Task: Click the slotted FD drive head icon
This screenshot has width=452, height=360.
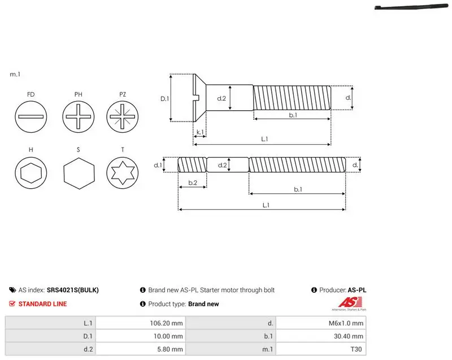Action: pyautogui.click(x=31, y=117)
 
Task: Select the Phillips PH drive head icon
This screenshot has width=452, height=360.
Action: pyautogui.click(x=79, y=117)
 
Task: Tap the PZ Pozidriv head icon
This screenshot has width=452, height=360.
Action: pyautogui.click(x=123, y=117)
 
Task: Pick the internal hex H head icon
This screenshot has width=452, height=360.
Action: pyautogui.click(x=31, y=173)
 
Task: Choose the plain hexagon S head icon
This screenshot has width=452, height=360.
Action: pyautogui.click(x=79, y=174)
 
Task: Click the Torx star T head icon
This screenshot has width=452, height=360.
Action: pyautogui.click(x=123, y=173)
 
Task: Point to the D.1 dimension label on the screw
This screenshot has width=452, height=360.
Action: pyautogui.click(x=164, y=99)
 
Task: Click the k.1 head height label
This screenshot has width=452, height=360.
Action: pyautogui.click(x=200, y=132)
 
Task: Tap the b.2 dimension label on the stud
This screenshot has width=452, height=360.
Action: pyautogui.click(x=193, y=183)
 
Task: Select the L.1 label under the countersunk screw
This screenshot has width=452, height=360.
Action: pyautogui.click(x=264, y=139)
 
